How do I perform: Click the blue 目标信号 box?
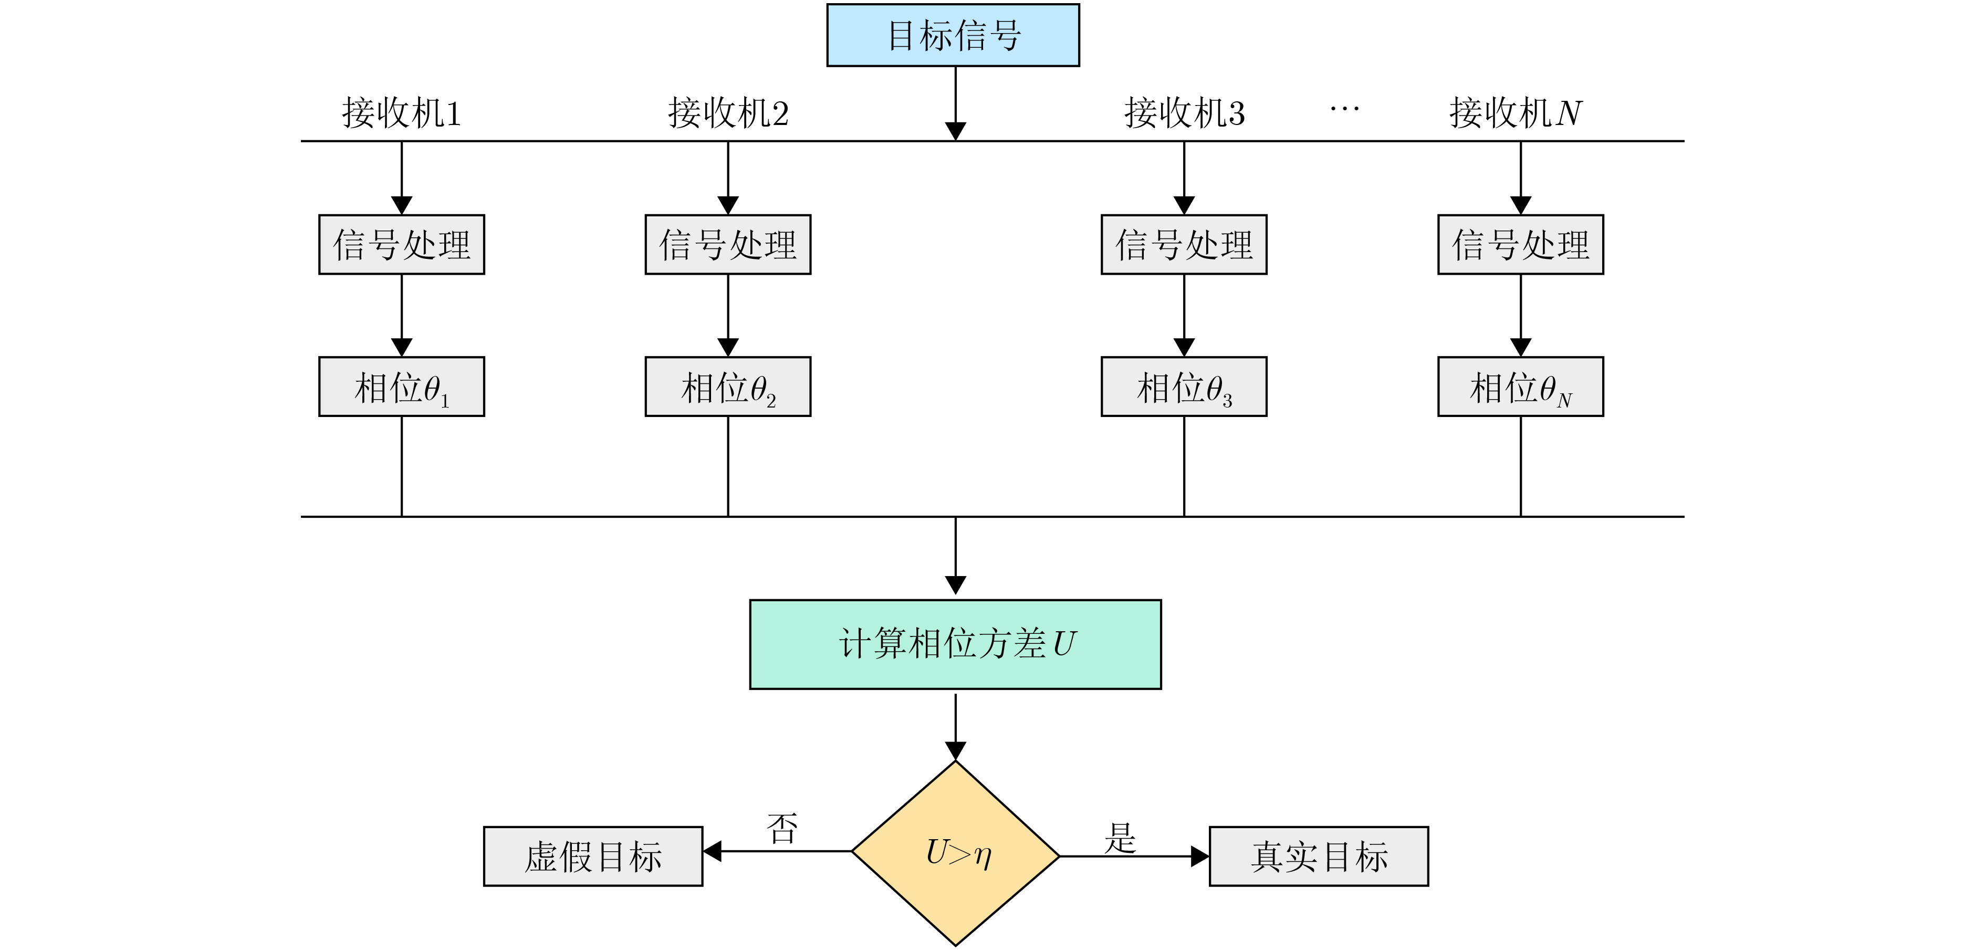coord(953,35)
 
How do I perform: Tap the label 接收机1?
coord(402,113)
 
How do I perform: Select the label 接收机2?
coord(728,113)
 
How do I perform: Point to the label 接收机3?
coord(1184,113)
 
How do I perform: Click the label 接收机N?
coord(1515,113)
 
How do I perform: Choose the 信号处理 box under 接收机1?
coord(402,244)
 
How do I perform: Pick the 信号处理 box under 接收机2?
coord(728,244)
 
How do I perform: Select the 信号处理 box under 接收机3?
coord(1184,244)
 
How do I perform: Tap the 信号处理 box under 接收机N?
coord(1520,244)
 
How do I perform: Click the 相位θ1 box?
coord(402,387)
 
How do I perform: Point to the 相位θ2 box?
coord(728,387)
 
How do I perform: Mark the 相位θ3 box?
coord(1184,387)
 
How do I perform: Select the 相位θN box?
coord(1520,387)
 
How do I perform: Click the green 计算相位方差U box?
coord(956,644)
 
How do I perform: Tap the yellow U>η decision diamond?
coord(956,853)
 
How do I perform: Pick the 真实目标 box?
coord(1319,856)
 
